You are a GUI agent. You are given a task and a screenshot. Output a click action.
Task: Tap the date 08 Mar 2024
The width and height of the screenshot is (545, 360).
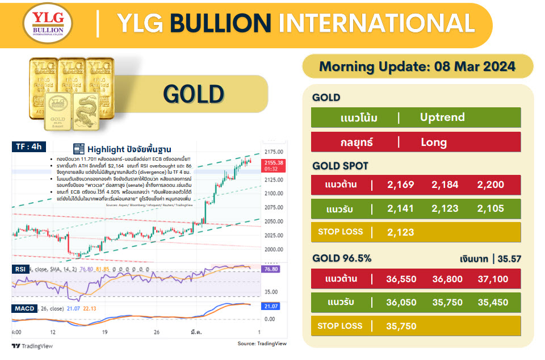(x=475, y=66)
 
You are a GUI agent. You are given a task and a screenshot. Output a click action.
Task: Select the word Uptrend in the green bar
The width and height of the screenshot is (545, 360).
(x=442, y=118)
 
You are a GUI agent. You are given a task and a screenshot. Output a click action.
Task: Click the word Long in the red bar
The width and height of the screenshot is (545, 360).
(x=434, y=142)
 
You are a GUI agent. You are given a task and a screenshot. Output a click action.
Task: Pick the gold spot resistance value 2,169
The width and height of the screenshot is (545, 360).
(x=401, y=185)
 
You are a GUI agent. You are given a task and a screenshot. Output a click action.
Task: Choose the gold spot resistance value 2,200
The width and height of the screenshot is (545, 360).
(x=491, y=185)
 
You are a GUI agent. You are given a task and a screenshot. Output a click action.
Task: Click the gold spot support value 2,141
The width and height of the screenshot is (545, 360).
(x=401, y=209)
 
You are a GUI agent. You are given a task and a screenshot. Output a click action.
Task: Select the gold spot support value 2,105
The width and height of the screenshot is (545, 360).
(x=491, y=209)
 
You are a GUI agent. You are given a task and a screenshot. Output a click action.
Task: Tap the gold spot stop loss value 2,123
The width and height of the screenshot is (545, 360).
(x=401, y=232)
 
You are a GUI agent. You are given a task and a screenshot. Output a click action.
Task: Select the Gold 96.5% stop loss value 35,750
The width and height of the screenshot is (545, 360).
(x=401, y=326)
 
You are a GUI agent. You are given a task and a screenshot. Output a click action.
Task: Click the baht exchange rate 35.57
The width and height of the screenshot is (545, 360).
(x=509, y=259)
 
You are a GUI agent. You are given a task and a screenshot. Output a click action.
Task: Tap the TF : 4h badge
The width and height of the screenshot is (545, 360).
(x=29, y=146)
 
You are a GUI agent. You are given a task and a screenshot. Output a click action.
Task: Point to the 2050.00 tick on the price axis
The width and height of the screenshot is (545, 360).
(x=274, y=221)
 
